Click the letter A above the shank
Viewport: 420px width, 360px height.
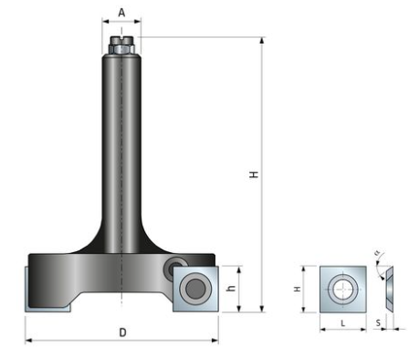coord(121,14)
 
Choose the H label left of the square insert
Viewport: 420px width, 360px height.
coord(298,289)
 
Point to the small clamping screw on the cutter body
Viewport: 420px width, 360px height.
coord(173,268)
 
